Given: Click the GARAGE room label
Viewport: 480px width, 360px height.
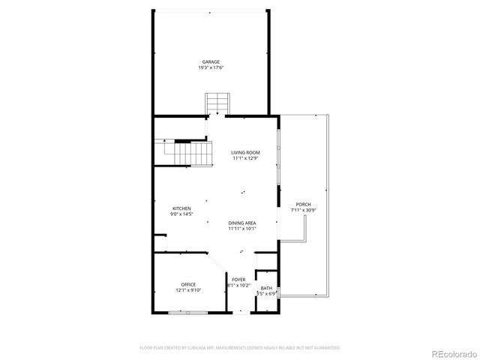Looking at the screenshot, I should pos(211,61).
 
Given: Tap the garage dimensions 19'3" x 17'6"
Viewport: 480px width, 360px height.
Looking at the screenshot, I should pos(211,67).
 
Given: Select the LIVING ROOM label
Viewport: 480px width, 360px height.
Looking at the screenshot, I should pos(245,152).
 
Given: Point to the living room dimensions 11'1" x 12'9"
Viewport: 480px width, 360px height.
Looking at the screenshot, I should pos(245,158).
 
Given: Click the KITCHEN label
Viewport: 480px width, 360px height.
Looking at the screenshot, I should pos(181,208).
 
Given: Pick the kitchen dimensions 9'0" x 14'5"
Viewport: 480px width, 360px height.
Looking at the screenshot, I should pos(181,214).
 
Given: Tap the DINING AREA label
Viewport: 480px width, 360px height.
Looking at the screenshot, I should pos(243,223).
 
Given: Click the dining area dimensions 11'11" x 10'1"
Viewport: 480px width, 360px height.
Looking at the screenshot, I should pos(243,229).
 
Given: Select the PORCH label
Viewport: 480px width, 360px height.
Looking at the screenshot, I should pos(303,204).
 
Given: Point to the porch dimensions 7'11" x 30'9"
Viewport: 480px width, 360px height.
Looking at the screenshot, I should pos(303,210).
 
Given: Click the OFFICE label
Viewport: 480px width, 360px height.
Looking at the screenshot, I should pos(188,284).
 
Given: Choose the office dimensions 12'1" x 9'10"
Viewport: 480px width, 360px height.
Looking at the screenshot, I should pos(188,290).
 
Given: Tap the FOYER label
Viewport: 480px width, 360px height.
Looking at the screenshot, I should pos(238,279).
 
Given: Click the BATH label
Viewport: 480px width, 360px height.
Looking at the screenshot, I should pos(266,288).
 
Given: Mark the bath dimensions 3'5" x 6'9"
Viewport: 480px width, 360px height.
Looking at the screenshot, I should pos(266,294).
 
